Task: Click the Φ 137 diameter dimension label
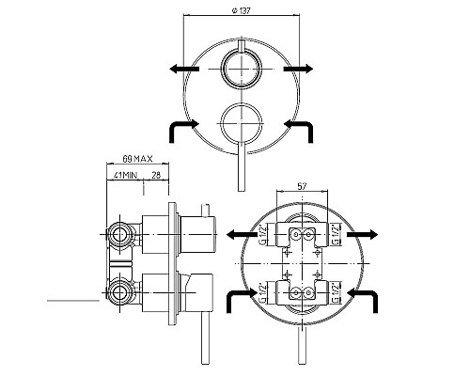(241, 11)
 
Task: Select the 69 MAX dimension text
(137, 159)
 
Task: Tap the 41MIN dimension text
(125, 175)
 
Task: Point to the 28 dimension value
(156, 175)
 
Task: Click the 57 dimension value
(302, 186)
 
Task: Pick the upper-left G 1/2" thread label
(263, 234)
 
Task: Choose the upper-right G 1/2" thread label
(335, 234)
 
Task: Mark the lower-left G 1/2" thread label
(263, 293)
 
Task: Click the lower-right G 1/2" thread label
(335, 293)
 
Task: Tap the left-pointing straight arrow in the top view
(184, 69)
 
